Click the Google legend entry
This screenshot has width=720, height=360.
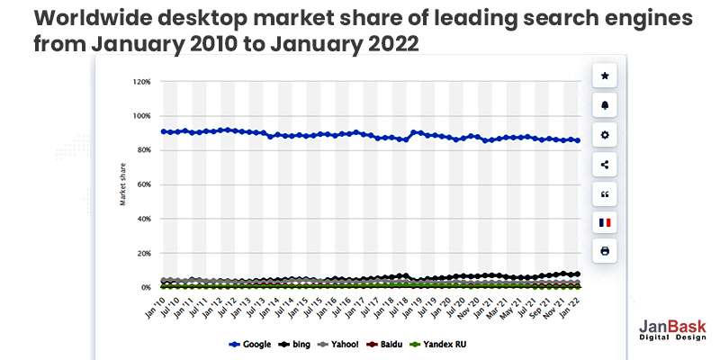[x=253, y=345]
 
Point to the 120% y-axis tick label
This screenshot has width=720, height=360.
[x=141, y=82]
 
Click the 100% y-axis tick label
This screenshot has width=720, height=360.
[x=141, y=116]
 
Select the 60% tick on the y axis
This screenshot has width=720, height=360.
[x=143, y=184]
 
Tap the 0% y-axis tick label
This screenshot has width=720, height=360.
[x=145, y=288]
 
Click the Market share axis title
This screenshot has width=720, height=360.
[x=122, y=184]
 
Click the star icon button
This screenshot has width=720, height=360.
[x=604, y=76]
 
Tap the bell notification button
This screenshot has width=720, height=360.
[x=604, y=105]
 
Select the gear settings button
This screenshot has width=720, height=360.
[x=604, y=134]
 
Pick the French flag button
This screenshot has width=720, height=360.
[x=604, y=221]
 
